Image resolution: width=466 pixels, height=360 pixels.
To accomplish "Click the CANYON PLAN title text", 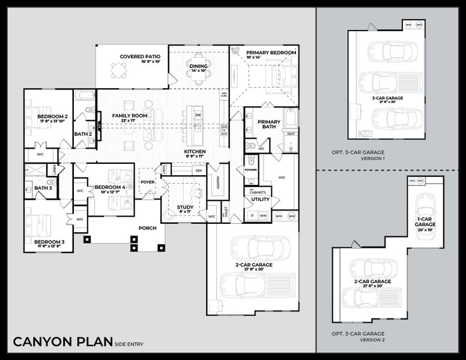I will (63, 342).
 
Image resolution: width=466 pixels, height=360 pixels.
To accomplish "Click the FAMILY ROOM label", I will (130, 115).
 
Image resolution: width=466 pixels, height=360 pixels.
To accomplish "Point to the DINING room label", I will (198, 66).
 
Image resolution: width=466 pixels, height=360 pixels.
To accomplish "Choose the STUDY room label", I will (185, 207).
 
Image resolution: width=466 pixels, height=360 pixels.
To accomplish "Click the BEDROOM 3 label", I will (49, 241).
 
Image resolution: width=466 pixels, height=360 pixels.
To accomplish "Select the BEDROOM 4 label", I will (110, 187).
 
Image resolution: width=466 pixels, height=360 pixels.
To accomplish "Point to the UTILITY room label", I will (261, 199).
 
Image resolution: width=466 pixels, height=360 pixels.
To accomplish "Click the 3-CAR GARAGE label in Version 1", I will (387, 97).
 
